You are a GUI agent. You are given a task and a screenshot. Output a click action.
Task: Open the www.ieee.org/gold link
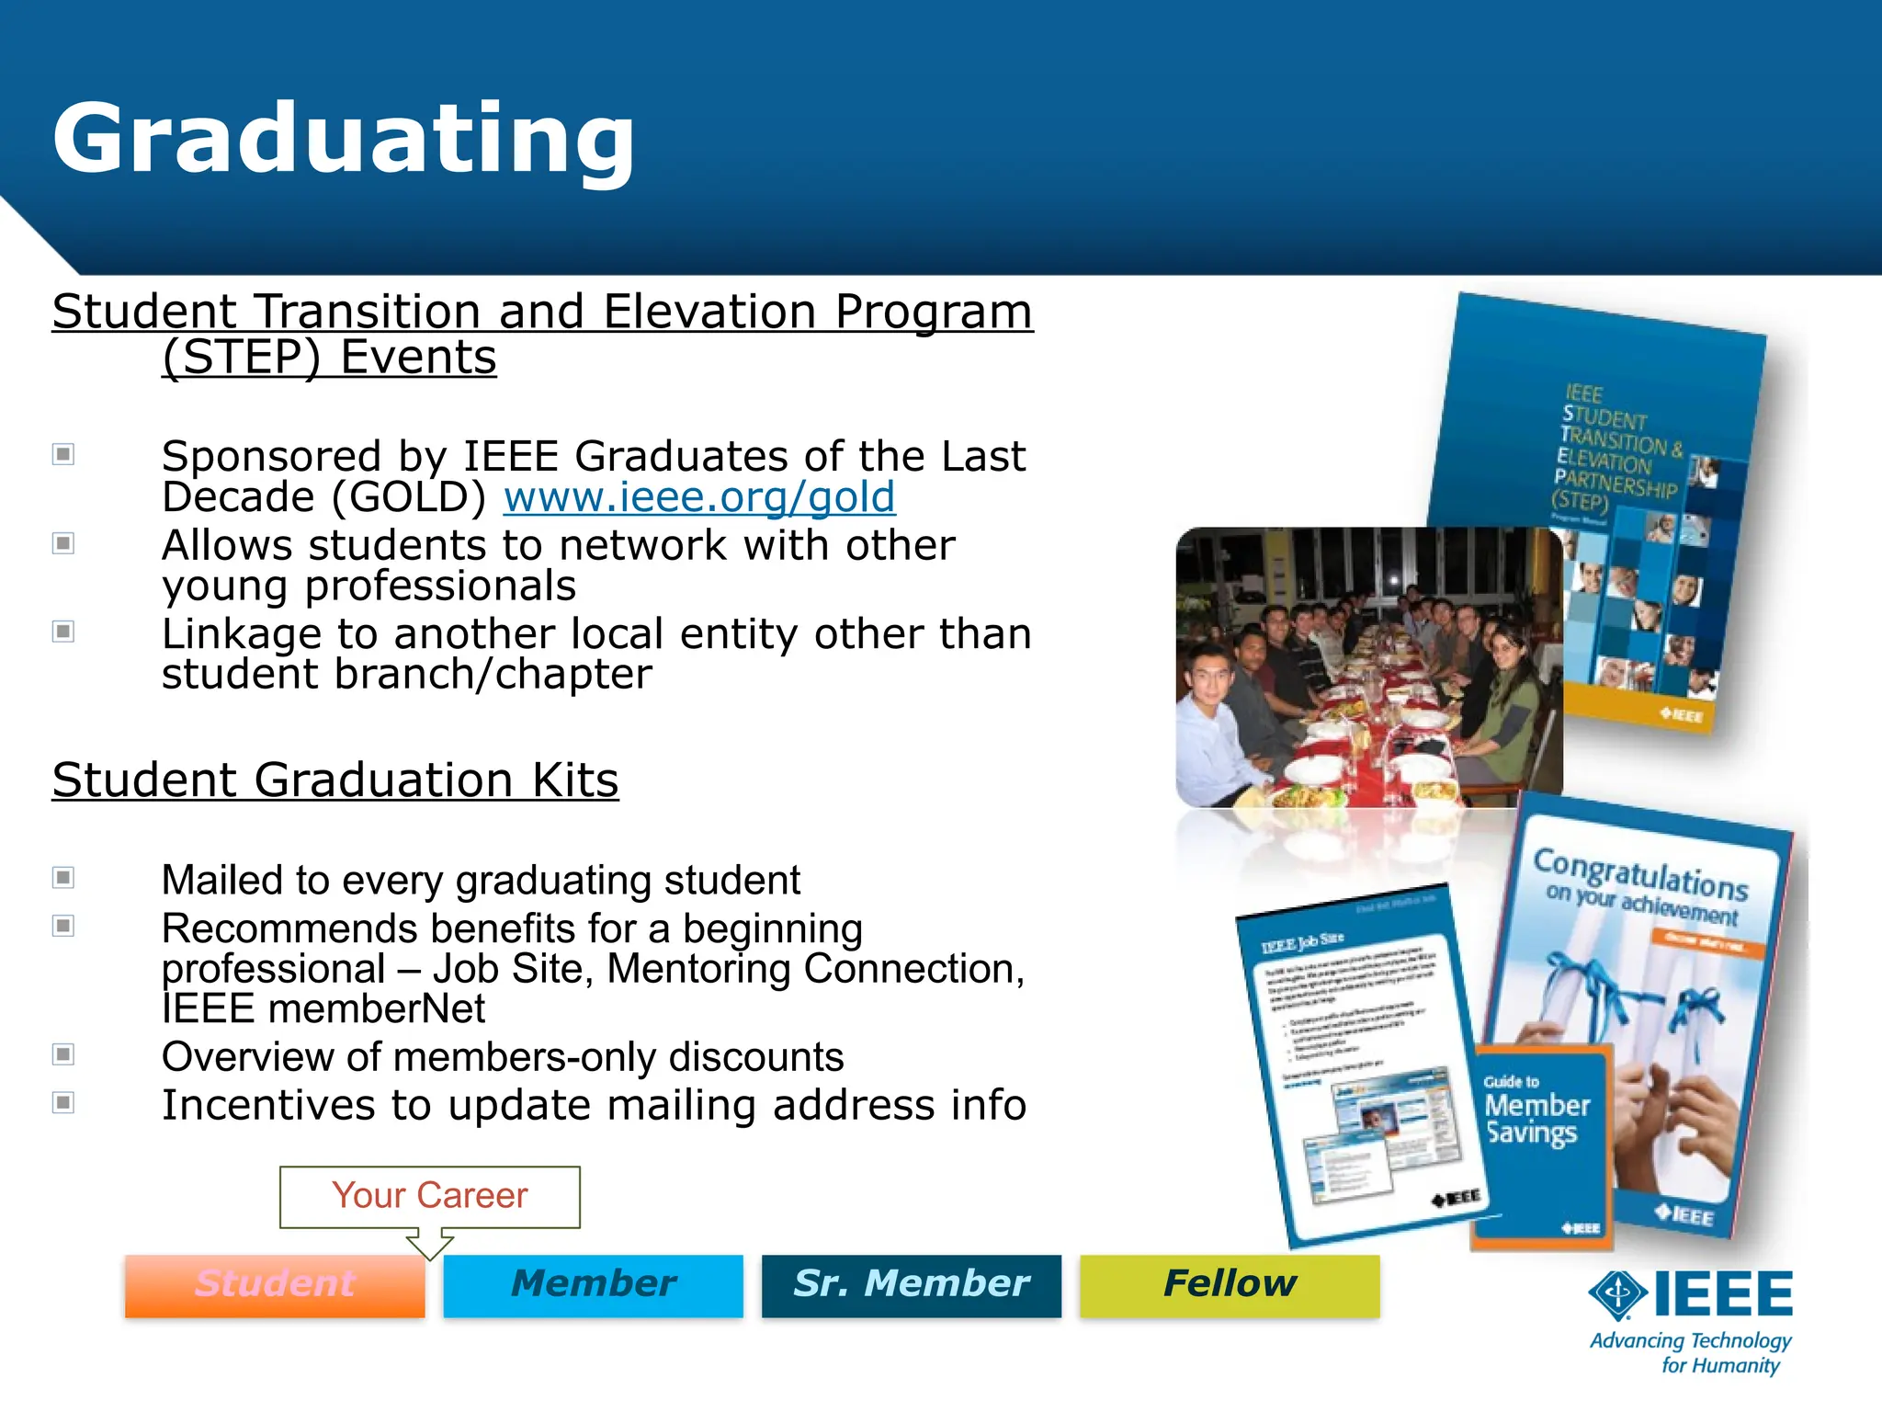click(698, 497)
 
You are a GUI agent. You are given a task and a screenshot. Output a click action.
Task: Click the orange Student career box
click(275, 1284)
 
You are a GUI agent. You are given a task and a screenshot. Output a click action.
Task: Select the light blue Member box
click(593, 1284)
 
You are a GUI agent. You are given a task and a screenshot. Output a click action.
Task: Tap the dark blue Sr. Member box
click(911, 1284)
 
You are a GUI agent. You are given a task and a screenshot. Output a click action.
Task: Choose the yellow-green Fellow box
click(1230, 1284)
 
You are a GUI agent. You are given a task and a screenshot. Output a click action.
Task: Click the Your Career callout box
click(430, 1196)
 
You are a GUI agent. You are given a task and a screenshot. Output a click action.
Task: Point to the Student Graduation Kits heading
click(335, 780)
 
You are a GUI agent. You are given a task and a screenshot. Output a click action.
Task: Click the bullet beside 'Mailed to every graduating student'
click(63, 878)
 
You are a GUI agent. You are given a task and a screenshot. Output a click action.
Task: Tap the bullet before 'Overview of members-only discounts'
click(63, 1054)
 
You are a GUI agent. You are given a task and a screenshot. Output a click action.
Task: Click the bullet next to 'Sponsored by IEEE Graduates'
click(63, 454)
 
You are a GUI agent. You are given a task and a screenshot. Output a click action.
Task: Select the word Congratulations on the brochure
click(1640, 872)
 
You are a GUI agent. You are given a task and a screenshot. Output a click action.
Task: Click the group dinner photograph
click(1368, 666)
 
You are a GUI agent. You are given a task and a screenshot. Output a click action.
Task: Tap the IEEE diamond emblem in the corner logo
click(1618, 1294)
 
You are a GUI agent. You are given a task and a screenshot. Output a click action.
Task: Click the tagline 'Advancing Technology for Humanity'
click(1691, 1353)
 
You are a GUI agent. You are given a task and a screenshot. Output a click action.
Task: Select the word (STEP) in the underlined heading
click(241, 357)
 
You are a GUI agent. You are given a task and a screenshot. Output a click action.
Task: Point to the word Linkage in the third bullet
click(242, 634)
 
